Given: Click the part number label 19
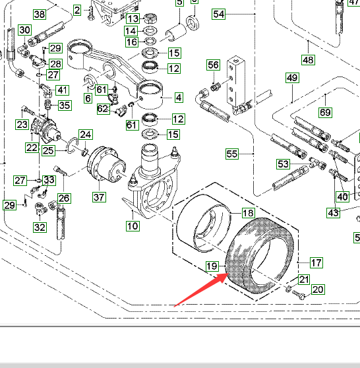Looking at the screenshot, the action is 212,266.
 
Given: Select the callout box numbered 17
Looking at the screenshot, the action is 316,262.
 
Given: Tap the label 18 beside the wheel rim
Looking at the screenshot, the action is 248,213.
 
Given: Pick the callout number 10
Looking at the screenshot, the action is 133,226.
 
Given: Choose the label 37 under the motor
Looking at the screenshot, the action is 100,197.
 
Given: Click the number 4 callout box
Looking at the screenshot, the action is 179,98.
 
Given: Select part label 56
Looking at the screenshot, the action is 214,65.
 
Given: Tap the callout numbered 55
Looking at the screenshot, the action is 232,154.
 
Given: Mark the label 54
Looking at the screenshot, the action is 218,14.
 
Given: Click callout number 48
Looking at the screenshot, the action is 308,60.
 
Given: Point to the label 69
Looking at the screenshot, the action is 325,112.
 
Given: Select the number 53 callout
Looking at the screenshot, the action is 283,164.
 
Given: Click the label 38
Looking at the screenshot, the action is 40,15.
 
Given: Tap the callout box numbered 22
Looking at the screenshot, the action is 32,148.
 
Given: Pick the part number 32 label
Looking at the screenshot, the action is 40,227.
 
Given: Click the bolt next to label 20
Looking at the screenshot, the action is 299,295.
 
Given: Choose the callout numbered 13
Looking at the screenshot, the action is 133,18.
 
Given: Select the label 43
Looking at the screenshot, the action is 333,212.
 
